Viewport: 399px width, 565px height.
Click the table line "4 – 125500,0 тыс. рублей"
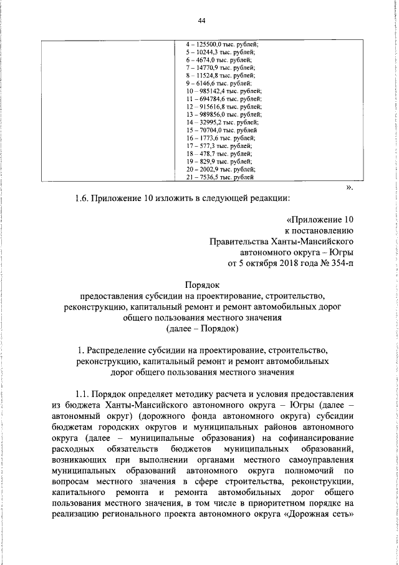pyautogui.click(x=222, y=44)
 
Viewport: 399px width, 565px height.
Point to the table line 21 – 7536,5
pyautogui.click(x=219, y=177)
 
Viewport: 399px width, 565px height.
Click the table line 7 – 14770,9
pyautogui.click(x=220, y=67)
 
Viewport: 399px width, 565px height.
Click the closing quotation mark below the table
pyautogui.click(x=350, y=187)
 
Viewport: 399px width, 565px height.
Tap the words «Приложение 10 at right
pyautogui.click(x=320, y=220)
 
